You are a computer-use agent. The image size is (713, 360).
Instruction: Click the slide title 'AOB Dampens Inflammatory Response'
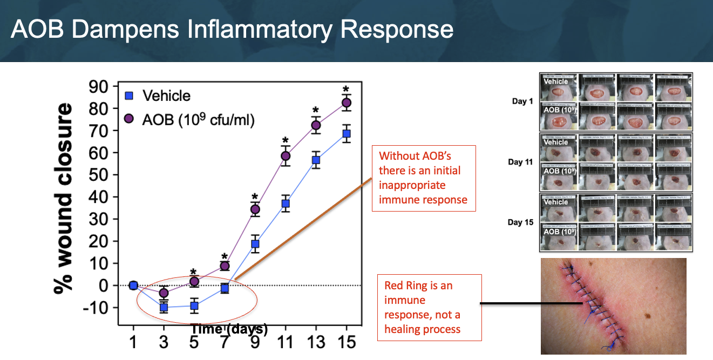click(x=232, y=30)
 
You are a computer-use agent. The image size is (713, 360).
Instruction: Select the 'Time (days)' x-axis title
click(x=229, y=328)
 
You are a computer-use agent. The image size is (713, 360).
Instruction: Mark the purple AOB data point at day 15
click(x=347, y=103)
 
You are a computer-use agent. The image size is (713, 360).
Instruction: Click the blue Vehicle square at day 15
click(x=347, y=133)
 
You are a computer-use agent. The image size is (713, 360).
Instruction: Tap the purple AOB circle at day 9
click(x=255, y=209)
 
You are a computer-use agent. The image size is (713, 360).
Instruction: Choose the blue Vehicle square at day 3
click(x=164, y=307)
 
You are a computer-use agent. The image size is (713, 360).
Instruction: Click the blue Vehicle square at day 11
click(x=286, y=203)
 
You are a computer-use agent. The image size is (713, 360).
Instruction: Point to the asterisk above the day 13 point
click(x=316, y=111)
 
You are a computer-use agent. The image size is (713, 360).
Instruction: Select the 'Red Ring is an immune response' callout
click(x=430, y=307)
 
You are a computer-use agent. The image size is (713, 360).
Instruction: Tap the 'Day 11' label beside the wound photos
click(x=519, y=162)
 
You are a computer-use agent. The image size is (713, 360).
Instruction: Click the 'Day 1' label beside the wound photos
click(x=519, y=101)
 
